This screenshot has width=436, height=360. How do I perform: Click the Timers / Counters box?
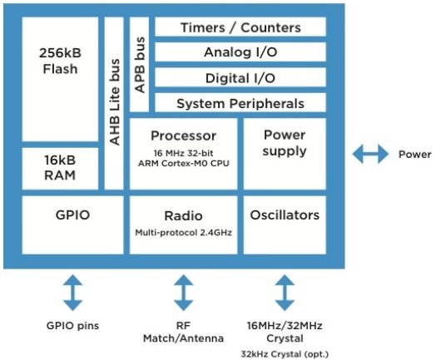pos(240,27)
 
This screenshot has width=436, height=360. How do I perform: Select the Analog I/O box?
pos(240,52)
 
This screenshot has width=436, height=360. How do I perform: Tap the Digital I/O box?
pos(240,77)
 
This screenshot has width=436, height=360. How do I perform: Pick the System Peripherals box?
pos(240,103)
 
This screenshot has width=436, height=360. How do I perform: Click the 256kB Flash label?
pos(60,61)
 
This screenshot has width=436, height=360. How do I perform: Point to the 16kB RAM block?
pos(60,168)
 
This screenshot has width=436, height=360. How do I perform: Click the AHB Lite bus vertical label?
pos(114,102)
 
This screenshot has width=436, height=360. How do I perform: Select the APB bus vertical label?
pos(140,65)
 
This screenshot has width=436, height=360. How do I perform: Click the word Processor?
pos(183,136)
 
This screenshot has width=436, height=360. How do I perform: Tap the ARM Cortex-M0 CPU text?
pos(184,163)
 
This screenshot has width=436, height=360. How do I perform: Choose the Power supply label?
pos(285,143)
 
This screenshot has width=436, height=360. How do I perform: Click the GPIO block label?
pos(72,215)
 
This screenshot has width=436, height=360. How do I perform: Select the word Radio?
pos(183,216)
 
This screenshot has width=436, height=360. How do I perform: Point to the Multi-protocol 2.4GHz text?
pos(183,232)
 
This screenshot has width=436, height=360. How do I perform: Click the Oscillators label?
pos(285,215)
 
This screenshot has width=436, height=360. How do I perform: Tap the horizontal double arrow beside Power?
pos(370,154)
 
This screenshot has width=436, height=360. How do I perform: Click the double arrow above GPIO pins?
pos(72,293)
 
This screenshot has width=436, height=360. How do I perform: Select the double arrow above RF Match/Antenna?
pos(183,293)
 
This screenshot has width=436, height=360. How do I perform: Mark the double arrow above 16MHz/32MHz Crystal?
pos(285,293)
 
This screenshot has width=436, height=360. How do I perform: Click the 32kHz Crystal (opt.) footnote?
pos(285,354)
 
